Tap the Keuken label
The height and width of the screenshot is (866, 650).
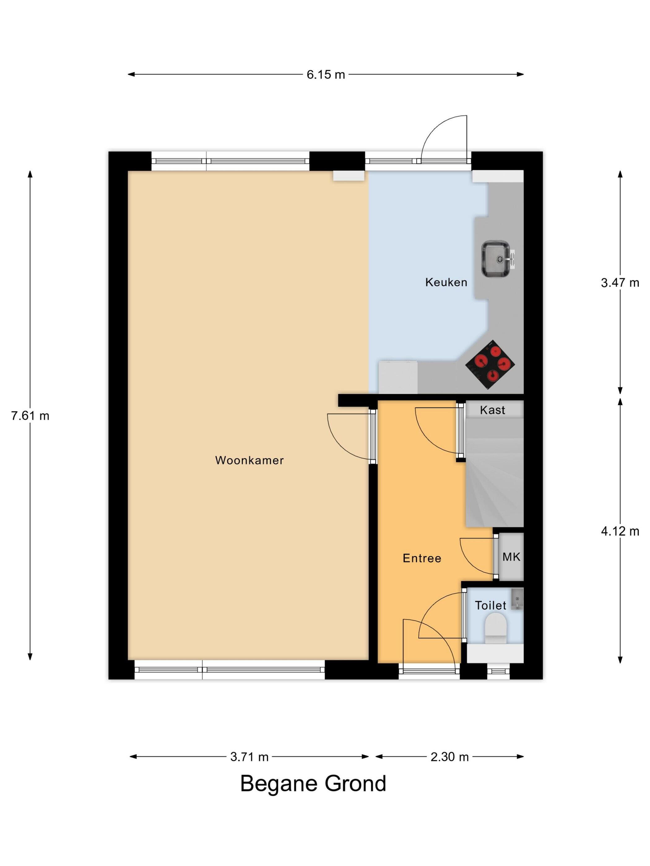446,282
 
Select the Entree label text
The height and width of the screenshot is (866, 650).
422,558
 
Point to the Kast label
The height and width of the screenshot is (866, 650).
492,410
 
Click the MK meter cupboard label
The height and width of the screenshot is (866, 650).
511,557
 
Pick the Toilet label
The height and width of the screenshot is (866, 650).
491,606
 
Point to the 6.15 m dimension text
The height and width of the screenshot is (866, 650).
326,75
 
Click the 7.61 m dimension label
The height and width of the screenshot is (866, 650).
30,416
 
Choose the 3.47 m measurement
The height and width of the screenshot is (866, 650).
620,283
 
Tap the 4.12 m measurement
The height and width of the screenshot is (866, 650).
620,531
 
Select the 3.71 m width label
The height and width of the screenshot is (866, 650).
249,757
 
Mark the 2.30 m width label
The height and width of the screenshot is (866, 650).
449,757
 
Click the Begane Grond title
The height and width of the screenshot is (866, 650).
313,783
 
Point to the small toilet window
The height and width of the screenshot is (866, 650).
498,671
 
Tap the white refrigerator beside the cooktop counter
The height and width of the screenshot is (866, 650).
398,377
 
